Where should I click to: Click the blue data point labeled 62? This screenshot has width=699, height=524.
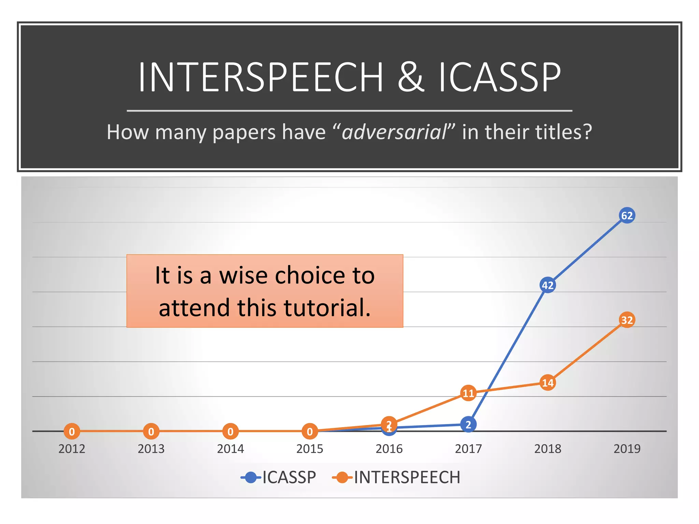pyautogui.click(x=627, y=216)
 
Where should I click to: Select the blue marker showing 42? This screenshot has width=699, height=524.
pyautogui.click(x=547, y=285)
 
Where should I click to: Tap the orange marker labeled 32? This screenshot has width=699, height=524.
pyautogui.click(x=627, y=320)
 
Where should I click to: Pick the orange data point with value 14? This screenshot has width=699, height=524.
pyautogui.click(x=547, y=383)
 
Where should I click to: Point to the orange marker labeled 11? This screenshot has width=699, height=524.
pyautogui.click(x=468, y=393)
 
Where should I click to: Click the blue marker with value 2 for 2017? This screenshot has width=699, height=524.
pyautogui.click(x=468, y=425)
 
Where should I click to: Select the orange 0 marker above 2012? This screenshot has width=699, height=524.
pyautogui.click(x=72, y=432)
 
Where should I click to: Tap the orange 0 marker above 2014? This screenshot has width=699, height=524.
pyautogui.click(x=230, y=432)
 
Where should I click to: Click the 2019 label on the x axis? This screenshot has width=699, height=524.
pyautogui.click(x=627, y=449)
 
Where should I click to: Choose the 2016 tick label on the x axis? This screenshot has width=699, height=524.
pyautogui.click(x=389, y=449)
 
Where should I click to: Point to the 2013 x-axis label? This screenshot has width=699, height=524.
pyautogui.click(x=151, y=449)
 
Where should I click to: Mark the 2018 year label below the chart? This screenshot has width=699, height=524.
pyautogui.click(x=547, y=449)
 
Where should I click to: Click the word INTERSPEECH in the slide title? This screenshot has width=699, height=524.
pyautogui.click(x=261, y=77)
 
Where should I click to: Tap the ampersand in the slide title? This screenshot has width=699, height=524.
pyautogui.click(x=411, y=77)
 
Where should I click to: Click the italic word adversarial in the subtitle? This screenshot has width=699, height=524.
pyautogui.click(x=394, y=132)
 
